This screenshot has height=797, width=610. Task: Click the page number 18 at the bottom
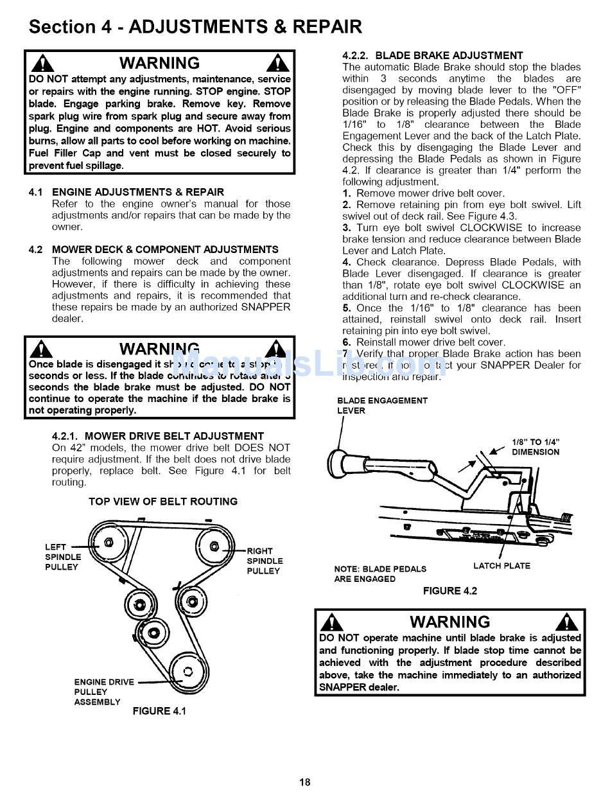[x=304, y=782]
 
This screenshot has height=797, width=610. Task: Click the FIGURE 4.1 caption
[x=159, y=711]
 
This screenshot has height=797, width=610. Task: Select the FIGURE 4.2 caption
[x=449, y=591]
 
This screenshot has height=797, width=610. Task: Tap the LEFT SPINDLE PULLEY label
[x=62, y=557]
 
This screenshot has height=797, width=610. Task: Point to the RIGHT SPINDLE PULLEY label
[x=265, y=561]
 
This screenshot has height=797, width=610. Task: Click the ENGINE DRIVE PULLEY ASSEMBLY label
[x=103, y=692]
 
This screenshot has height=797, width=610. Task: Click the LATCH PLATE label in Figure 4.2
[x=501, y=566]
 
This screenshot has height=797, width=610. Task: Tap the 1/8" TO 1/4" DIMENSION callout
[x=535, y=447]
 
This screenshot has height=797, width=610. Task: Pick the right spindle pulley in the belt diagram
[x=214, y=547]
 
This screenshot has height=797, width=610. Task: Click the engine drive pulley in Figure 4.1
[x=187, y=672]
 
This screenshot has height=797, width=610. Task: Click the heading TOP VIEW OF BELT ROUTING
[x=163, y=502]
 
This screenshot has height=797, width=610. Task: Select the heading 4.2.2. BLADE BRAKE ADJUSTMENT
[x=433, y=55]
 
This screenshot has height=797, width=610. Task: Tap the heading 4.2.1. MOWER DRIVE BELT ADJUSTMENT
[x=158, y=436]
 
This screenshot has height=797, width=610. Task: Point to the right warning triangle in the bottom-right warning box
[x=568, y=622]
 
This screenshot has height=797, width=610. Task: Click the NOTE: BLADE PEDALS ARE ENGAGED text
[x=380, y=574]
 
